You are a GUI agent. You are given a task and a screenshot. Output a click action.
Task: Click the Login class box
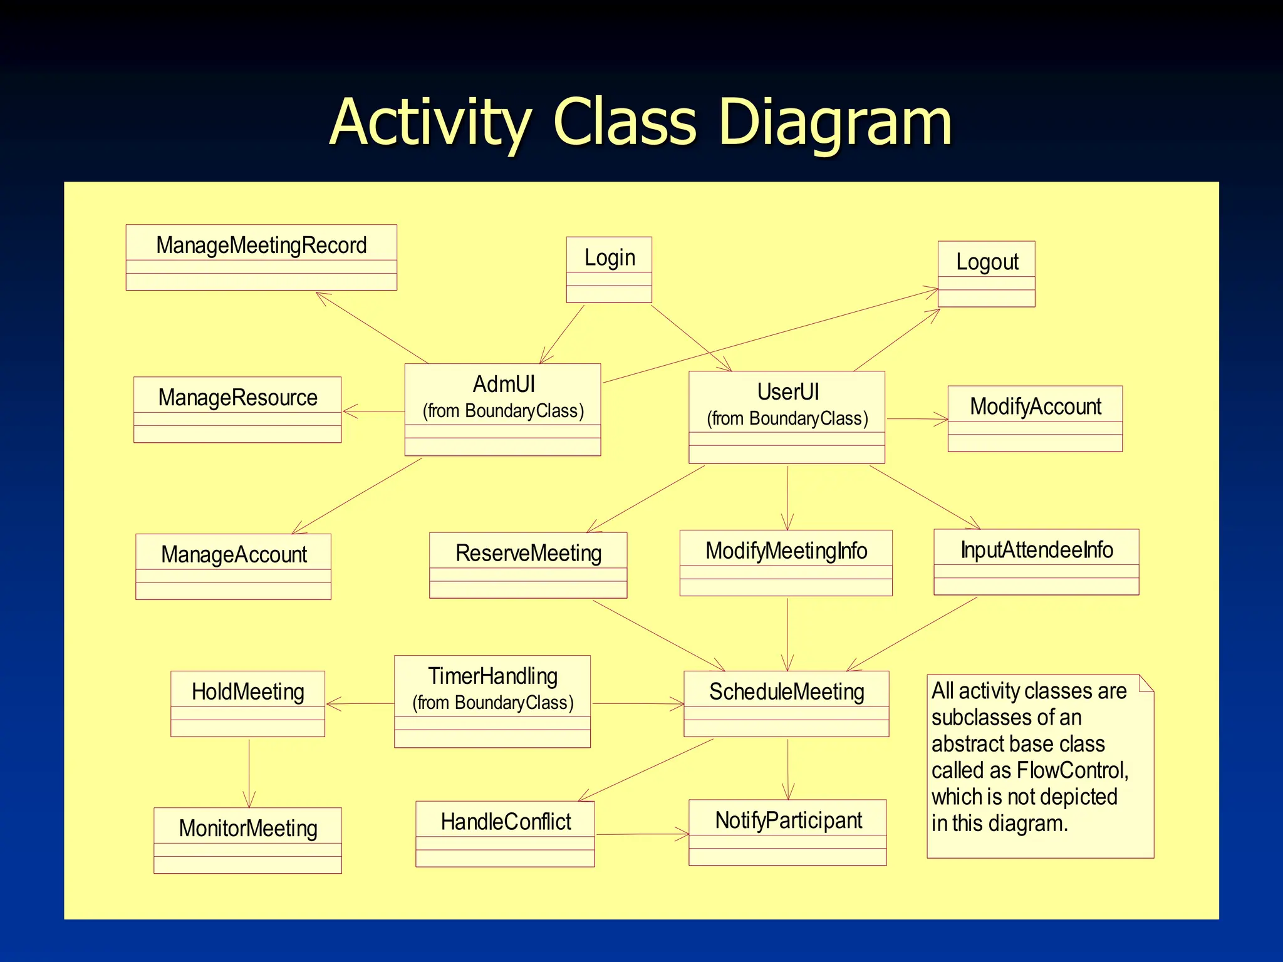pos(609,269)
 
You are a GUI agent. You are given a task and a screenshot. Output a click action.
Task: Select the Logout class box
pos(986,274)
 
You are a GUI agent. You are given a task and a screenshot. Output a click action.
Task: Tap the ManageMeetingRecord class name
pos(261,246)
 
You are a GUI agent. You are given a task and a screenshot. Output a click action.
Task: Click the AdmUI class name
pos(504,384)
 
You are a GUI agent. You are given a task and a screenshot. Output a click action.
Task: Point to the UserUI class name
pos(787,392)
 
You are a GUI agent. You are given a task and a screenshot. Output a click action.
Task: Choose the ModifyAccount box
pos(1035,418)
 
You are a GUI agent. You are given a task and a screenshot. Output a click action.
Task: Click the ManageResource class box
pos(237,410)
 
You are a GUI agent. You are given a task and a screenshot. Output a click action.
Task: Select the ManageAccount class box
pos(233,567)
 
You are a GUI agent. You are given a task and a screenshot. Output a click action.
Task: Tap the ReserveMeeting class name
pos(528,553)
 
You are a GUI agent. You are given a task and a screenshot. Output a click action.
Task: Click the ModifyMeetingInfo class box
pos(786,562)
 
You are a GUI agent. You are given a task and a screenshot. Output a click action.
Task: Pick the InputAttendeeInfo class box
pos(1036,562)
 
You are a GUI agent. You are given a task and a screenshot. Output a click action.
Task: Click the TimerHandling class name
pos(493,676)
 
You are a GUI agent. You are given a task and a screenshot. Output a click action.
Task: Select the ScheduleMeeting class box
pos(786,703)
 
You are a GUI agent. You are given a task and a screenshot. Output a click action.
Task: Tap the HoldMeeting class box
pos(247,703)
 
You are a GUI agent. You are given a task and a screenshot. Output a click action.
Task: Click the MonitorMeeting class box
pos(247,840)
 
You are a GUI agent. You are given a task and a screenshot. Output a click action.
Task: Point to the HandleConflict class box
pos(505,834)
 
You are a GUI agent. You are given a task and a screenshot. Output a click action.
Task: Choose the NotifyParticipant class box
pos(787,832)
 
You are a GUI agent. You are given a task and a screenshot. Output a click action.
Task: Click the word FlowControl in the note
pos(1071,770)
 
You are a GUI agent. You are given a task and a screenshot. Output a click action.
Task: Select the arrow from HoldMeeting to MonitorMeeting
pos(249,773)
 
